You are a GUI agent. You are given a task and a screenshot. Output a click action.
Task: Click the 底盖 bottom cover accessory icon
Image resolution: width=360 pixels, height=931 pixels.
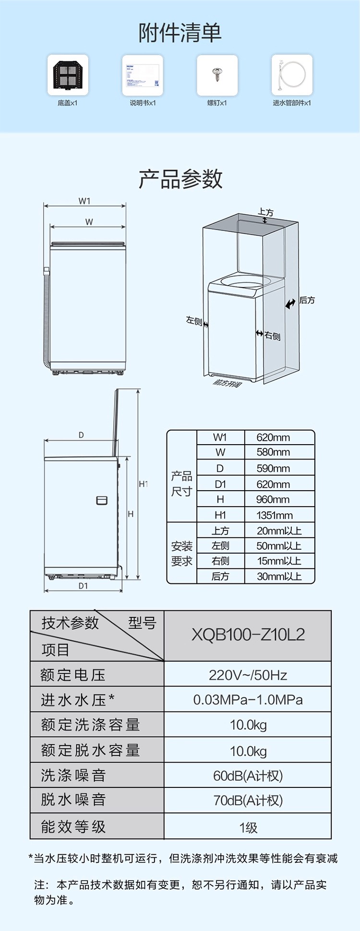pos(68,75)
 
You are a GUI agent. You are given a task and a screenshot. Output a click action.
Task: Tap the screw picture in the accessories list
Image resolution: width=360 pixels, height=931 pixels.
pos(217,75)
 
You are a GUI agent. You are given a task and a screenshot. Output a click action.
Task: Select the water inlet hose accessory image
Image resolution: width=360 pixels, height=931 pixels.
pos(292,75)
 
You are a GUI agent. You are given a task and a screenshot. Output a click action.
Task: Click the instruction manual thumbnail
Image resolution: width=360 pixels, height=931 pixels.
pos(143,75)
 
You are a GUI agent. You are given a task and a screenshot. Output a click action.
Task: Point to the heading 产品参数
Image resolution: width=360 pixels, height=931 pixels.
pos(180,179)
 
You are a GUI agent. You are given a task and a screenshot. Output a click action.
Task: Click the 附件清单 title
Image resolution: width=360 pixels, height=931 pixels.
pos(180,33)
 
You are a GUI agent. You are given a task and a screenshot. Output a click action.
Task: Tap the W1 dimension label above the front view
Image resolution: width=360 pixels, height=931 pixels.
pos(84,201)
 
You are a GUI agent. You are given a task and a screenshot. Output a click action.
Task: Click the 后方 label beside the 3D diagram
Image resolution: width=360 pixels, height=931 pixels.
pos(307,300)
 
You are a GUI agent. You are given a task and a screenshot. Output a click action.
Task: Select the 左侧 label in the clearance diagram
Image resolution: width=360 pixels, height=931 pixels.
pos(194,320)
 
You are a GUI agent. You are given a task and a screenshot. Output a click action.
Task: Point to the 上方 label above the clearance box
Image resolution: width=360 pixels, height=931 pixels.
pos(265,212)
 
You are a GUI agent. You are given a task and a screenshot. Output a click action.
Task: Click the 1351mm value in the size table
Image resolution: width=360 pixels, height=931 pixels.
pos(274,515)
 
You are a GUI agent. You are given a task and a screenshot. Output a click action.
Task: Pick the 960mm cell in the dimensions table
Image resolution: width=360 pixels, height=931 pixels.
pos(273,499)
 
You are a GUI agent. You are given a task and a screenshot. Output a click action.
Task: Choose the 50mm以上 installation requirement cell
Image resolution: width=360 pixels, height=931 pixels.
pos(279,546)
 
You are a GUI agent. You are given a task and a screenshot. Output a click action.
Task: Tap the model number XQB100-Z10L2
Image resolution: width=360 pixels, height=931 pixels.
pos(248,635)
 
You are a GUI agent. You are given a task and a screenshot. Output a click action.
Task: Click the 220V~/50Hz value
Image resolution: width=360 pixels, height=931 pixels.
pos(248,675)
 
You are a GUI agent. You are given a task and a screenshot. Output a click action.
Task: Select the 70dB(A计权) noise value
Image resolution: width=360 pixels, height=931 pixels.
pos(248,800)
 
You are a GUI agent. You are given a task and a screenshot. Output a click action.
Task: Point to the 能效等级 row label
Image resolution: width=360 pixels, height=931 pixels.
pos(73,826)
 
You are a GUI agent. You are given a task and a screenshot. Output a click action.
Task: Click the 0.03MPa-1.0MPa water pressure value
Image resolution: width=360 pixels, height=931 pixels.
pos(248,700)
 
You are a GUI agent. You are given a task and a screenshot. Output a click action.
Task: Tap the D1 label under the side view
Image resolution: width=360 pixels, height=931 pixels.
pos(83,586)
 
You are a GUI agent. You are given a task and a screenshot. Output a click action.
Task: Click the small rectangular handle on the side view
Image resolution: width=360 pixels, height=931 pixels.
pos(102,500)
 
